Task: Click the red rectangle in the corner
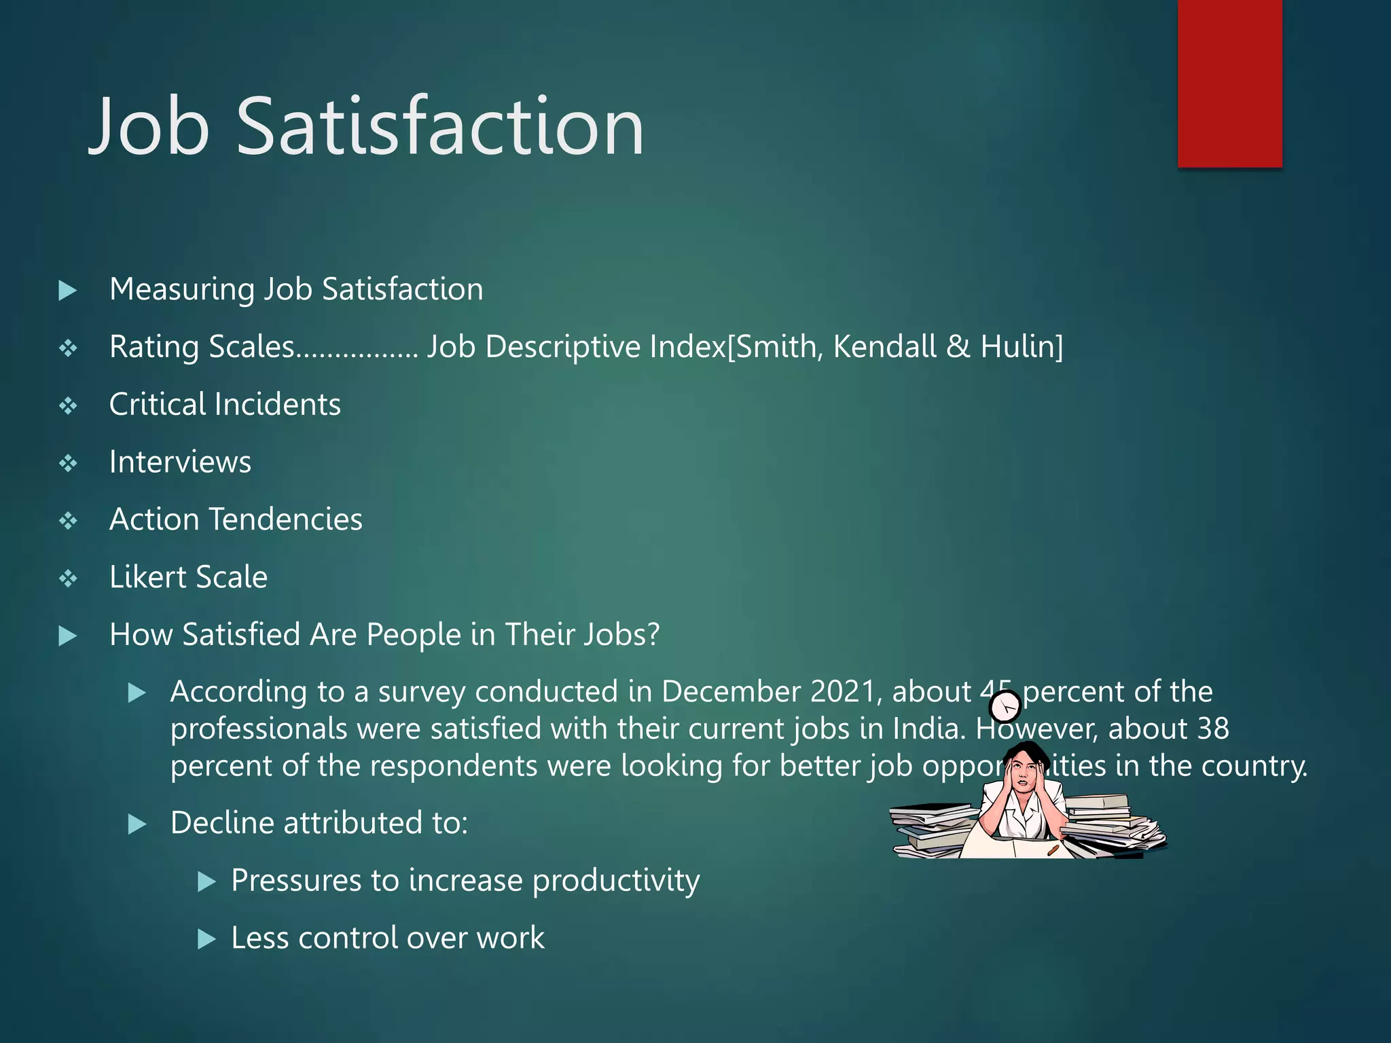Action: (x=1229, y=83)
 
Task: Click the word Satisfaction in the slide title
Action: (x=439, y=127)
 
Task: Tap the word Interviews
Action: (x=180, y=462)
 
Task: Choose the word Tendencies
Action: (x=285, y=519)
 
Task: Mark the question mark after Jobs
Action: (x=652, y=634)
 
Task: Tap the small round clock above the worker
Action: (x=1005, y=708)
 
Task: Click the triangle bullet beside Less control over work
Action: (x=206, y=939)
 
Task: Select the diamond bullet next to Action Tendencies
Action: (x=68, y=521)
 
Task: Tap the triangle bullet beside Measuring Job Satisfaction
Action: (x=68, y=291)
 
